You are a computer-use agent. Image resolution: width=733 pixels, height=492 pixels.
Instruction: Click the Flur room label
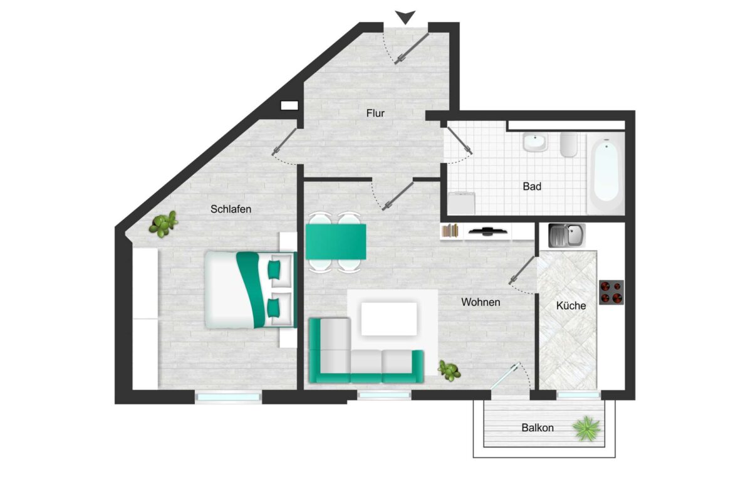coord(375,113)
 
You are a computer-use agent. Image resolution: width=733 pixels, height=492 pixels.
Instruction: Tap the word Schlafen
coord(231,209)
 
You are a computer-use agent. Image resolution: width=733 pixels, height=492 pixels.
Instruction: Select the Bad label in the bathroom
coord(532,187)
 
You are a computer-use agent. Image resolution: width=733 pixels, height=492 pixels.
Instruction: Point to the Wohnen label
coord(481,302)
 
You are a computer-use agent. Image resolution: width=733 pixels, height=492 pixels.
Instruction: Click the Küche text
coord(571,305)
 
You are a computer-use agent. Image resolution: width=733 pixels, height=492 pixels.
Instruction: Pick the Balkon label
coord(538,427)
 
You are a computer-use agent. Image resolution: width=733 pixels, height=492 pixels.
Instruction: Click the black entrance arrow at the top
coord(405,18)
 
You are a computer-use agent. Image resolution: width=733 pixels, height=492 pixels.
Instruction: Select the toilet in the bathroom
coord(569,145)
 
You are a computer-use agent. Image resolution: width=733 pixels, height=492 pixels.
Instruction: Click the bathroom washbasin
coord(535,143)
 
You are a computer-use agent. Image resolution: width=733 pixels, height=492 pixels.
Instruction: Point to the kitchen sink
coord(566,235)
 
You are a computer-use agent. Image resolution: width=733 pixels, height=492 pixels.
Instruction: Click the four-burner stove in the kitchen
coord(611,292)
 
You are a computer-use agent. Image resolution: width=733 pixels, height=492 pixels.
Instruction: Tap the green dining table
coord(336,241)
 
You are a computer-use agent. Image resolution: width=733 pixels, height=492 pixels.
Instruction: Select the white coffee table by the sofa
coord(389,319)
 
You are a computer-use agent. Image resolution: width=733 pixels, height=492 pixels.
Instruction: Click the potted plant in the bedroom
coord(163,224)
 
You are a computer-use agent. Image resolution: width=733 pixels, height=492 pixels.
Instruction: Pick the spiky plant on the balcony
coord(586,429)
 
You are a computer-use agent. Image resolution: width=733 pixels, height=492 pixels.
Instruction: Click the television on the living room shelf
coord(487,231)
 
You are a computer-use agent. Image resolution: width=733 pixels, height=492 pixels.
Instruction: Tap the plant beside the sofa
coord(449,370)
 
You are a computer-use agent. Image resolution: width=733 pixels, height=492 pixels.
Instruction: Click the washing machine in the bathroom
coord(461,203)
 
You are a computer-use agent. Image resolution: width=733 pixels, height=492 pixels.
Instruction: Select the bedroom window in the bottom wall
coord(229,397)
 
